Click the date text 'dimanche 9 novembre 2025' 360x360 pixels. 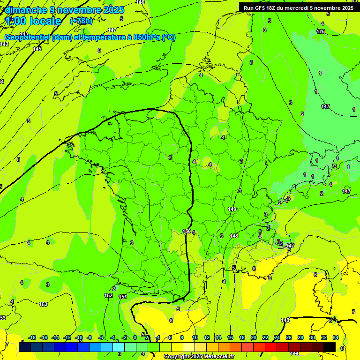[64, 10]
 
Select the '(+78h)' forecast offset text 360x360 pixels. [81, 21]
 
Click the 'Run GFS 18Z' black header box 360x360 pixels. [298, 7]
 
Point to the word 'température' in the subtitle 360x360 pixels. [106, 37]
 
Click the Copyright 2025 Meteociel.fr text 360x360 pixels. [198, 357]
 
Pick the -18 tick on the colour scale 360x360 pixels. [32, 337]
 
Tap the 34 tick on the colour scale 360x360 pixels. [336, 337]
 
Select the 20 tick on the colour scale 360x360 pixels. [254, 337]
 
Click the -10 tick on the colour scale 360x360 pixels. [78, 337]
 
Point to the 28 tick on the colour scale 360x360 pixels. [300, 337]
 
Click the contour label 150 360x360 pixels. [187, 232]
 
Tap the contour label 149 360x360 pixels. [232, 209]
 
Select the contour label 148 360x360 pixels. [234, 236]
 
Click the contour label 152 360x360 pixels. [108, 296]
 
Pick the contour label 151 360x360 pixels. [123, 297]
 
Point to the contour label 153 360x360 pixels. [43, 304]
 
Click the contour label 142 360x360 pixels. [4, 44]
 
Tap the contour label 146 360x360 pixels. [140, 2]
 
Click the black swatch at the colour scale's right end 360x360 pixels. [330, 347]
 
